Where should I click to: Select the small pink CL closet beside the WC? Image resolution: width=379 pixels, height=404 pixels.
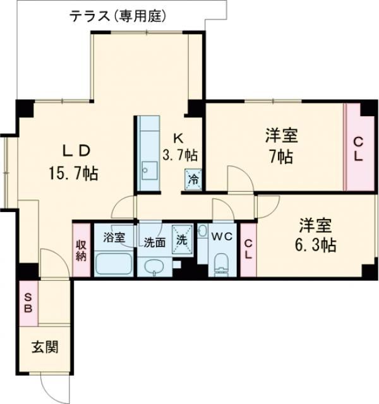coord(248,249)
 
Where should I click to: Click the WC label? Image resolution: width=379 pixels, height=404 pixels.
coord(221,237)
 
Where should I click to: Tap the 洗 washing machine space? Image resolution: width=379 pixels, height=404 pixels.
coord(182,240)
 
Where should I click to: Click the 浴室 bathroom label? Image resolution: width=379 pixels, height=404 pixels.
coord(114,238)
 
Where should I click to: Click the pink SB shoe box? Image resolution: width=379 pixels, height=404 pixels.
coord(28,304)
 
